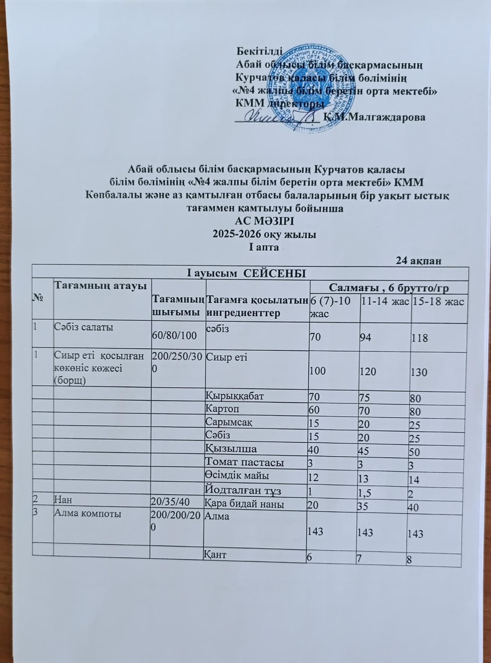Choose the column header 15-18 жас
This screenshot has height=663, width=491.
click(x=439, y=301)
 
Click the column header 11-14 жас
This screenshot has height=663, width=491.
click(x=384, y=301)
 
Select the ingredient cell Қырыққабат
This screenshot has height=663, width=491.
click(x=234, y=396)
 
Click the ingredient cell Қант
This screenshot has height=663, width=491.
click(x=215, y=554)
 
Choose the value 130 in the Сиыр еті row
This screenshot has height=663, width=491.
click(x=419, y=372)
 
